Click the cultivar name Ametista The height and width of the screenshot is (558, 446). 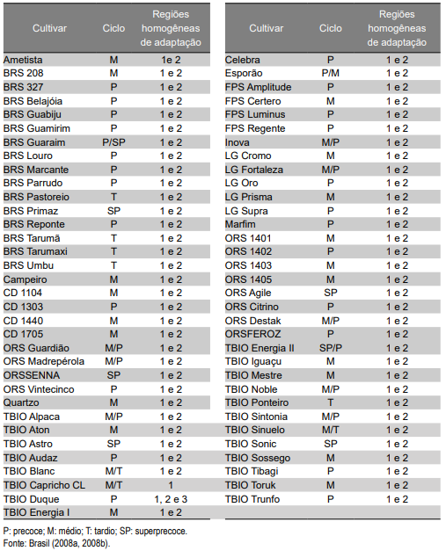click(23, 60)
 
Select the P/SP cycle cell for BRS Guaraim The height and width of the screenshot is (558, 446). click(113, 142)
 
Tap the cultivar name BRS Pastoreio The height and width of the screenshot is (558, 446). click(36, 197)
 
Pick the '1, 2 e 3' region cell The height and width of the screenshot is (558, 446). click(171, 499)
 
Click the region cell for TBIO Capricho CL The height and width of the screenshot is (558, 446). click(171, 485)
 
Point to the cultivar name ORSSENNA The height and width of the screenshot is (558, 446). click(32, 375)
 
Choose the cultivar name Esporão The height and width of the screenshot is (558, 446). click(244, 73)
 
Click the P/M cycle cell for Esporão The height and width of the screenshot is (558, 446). click(330, 73)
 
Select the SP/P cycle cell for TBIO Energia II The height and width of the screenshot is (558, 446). click(330, 348)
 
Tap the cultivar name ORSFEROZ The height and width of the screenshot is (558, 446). click(253, 334)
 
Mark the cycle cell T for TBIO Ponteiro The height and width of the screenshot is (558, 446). click(330, 402)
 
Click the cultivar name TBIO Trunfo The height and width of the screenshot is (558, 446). click(252, 499)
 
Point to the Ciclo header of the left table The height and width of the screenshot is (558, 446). click(113, 28)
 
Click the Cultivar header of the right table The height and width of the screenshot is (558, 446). click(266, 28)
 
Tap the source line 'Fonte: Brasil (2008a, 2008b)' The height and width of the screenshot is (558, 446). click(56, 544)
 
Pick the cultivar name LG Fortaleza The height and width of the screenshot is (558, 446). click(254, 170)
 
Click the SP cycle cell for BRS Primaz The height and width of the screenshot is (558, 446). click(113, 211)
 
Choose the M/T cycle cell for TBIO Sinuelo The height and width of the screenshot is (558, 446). click(330, 430)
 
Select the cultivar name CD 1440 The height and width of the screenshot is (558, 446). click(23, 321)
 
